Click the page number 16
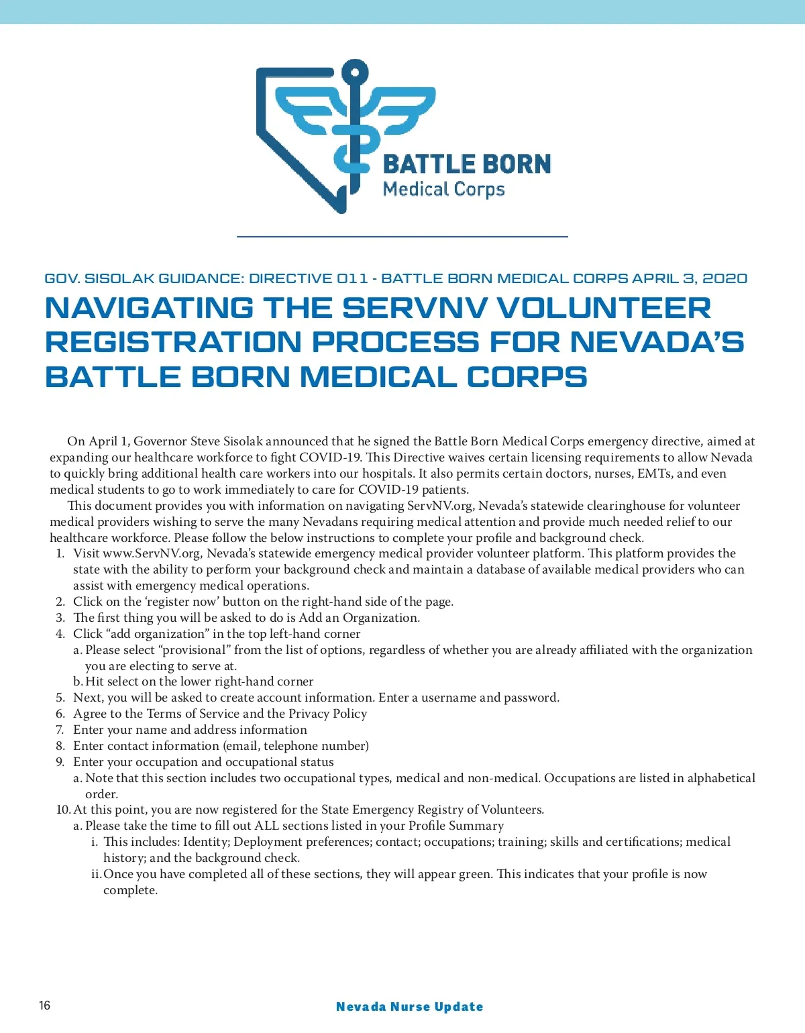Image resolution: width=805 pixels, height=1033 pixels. point(44,1005)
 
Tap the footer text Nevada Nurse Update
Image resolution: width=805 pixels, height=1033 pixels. point(409,1006)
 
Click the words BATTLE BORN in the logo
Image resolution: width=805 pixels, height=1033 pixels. point(467,164)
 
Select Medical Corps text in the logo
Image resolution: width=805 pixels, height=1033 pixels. point(443,189)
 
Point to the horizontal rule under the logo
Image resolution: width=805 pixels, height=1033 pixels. point(402,237)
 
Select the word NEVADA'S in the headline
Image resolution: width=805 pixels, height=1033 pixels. point(657,342)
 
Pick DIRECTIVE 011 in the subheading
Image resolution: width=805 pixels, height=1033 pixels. point(309,278)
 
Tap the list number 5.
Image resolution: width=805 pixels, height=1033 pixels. point(60,698)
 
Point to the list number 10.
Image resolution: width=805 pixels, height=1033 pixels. point(63,810)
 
